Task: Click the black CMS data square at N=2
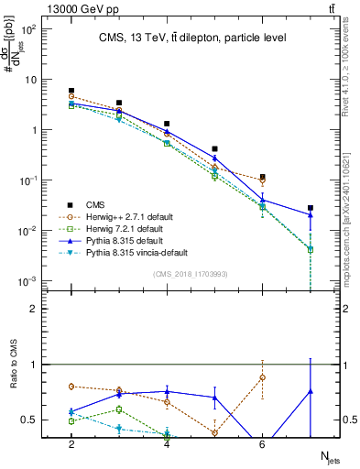[x=71, y=91]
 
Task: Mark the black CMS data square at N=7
[x=311, y=208]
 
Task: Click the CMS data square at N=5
[x=214, y=148]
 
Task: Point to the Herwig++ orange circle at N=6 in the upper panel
[x=262, y=180]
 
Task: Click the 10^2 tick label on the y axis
[x=28, y=29]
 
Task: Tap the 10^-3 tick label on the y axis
[x=28, y=280]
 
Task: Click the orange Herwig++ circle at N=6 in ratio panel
[x=262, y=377]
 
